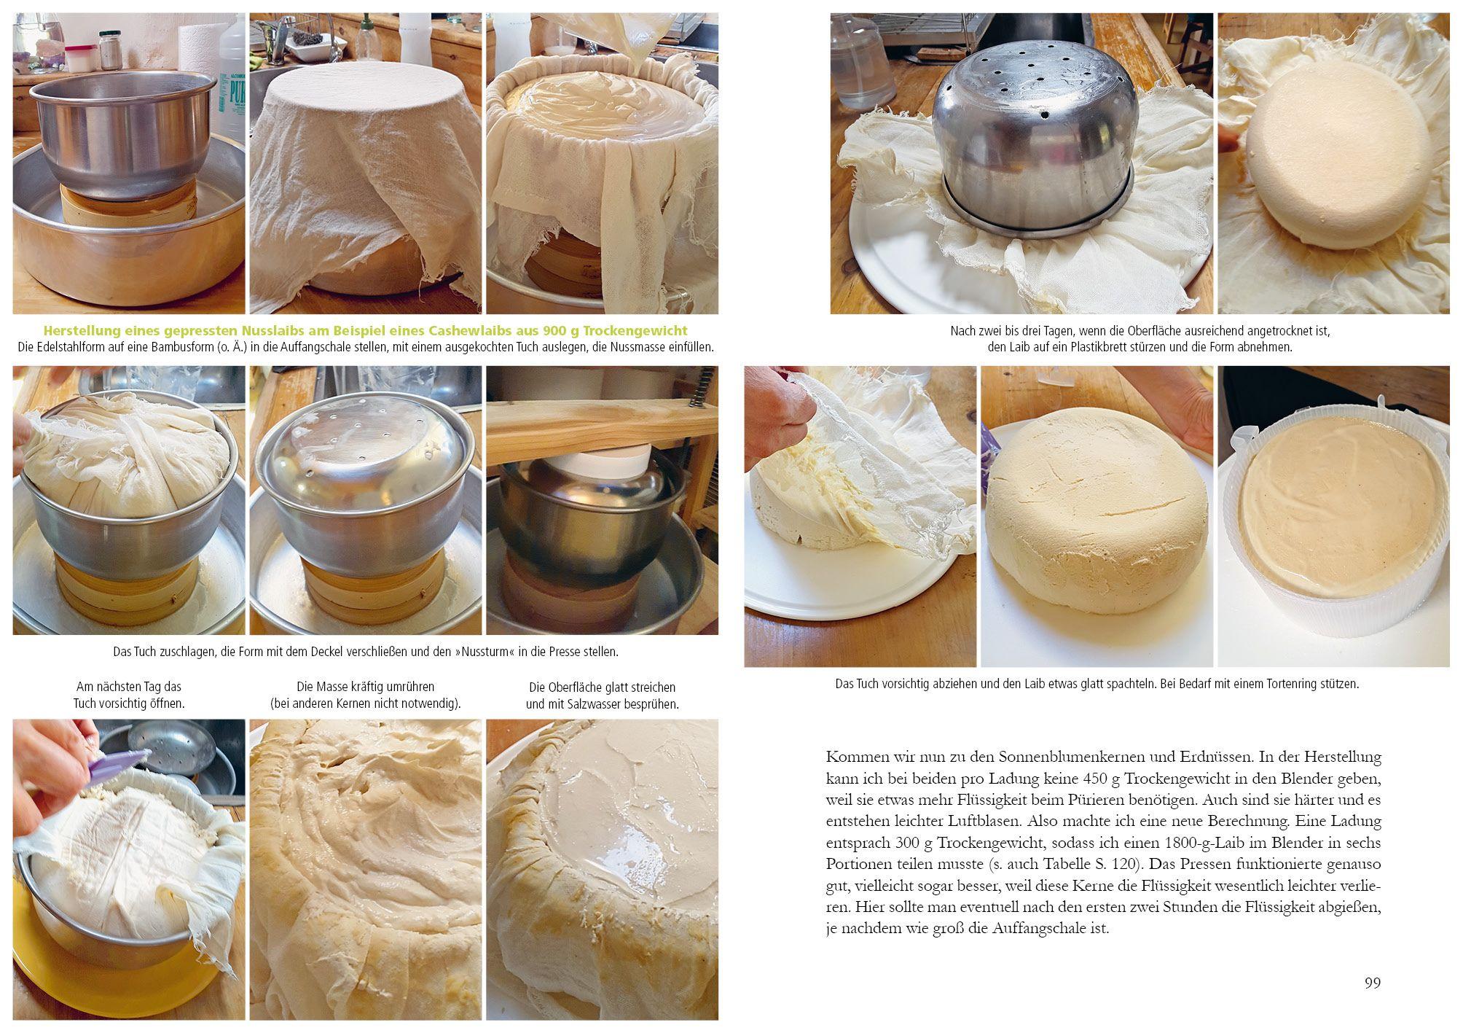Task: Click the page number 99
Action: coord(1373,983)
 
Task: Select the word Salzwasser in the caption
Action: coord(605,704)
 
